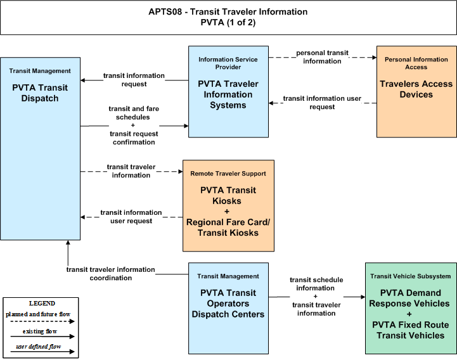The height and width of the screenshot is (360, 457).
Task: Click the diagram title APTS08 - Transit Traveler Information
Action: coord(228,11)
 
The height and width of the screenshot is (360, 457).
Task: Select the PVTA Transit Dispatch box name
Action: coord(40,93)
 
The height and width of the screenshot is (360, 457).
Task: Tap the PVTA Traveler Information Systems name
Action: coord(228,94)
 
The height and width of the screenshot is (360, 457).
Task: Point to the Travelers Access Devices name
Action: coord(416,89)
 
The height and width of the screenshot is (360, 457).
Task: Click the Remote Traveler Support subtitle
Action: coord(228,174)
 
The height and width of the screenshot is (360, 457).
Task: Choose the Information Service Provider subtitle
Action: coord(228,63)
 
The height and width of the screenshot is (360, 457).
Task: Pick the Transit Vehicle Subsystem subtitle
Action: coord(410,276)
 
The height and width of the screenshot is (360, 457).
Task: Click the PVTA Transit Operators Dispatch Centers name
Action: coord(228,304)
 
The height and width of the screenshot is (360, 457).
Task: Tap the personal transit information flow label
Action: coord(322,57)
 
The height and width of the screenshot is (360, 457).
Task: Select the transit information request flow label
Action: coord(134,80)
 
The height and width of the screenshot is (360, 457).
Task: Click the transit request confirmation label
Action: coord(134,138)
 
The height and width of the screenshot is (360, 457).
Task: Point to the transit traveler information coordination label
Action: coord(110,274)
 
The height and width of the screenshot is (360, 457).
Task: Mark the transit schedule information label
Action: coord(316,284)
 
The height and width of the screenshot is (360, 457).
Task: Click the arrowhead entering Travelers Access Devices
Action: coord(375,58)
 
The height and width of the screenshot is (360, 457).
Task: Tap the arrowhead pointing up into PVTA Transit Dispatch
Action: coord(68,243)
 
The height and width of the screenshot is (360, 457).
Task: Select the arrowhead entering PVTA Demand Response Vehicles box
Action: coord(363,297)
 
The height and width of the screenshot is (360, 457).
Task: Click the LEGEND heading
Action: coord(42,303)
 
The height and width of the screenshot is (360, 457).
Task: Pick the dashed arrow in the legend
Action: coord(42,321)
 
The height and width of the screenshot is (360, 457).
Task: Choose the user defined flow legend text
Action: coord(39,347)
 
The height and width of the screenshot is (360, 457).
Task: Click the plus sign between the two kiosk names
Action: coord(227,211)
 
